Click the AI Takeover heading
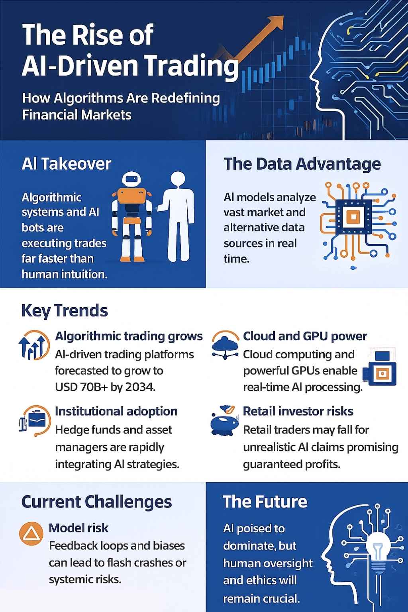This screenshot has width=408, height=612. [x=67, y=164]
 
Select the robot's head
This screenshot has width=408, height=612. [x=131, y=180]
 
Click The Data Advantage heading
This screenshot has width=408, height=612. [x=302, y=164]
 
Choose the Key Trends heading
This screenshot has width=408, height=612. [x=65, y=311]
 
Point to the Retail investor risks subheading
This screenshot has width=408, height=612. [x=298, y=411]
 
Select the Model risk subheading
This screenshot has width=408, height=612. [x=78, y=528]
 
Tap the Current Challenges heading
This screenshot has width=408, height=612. [x=96, y=502]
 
